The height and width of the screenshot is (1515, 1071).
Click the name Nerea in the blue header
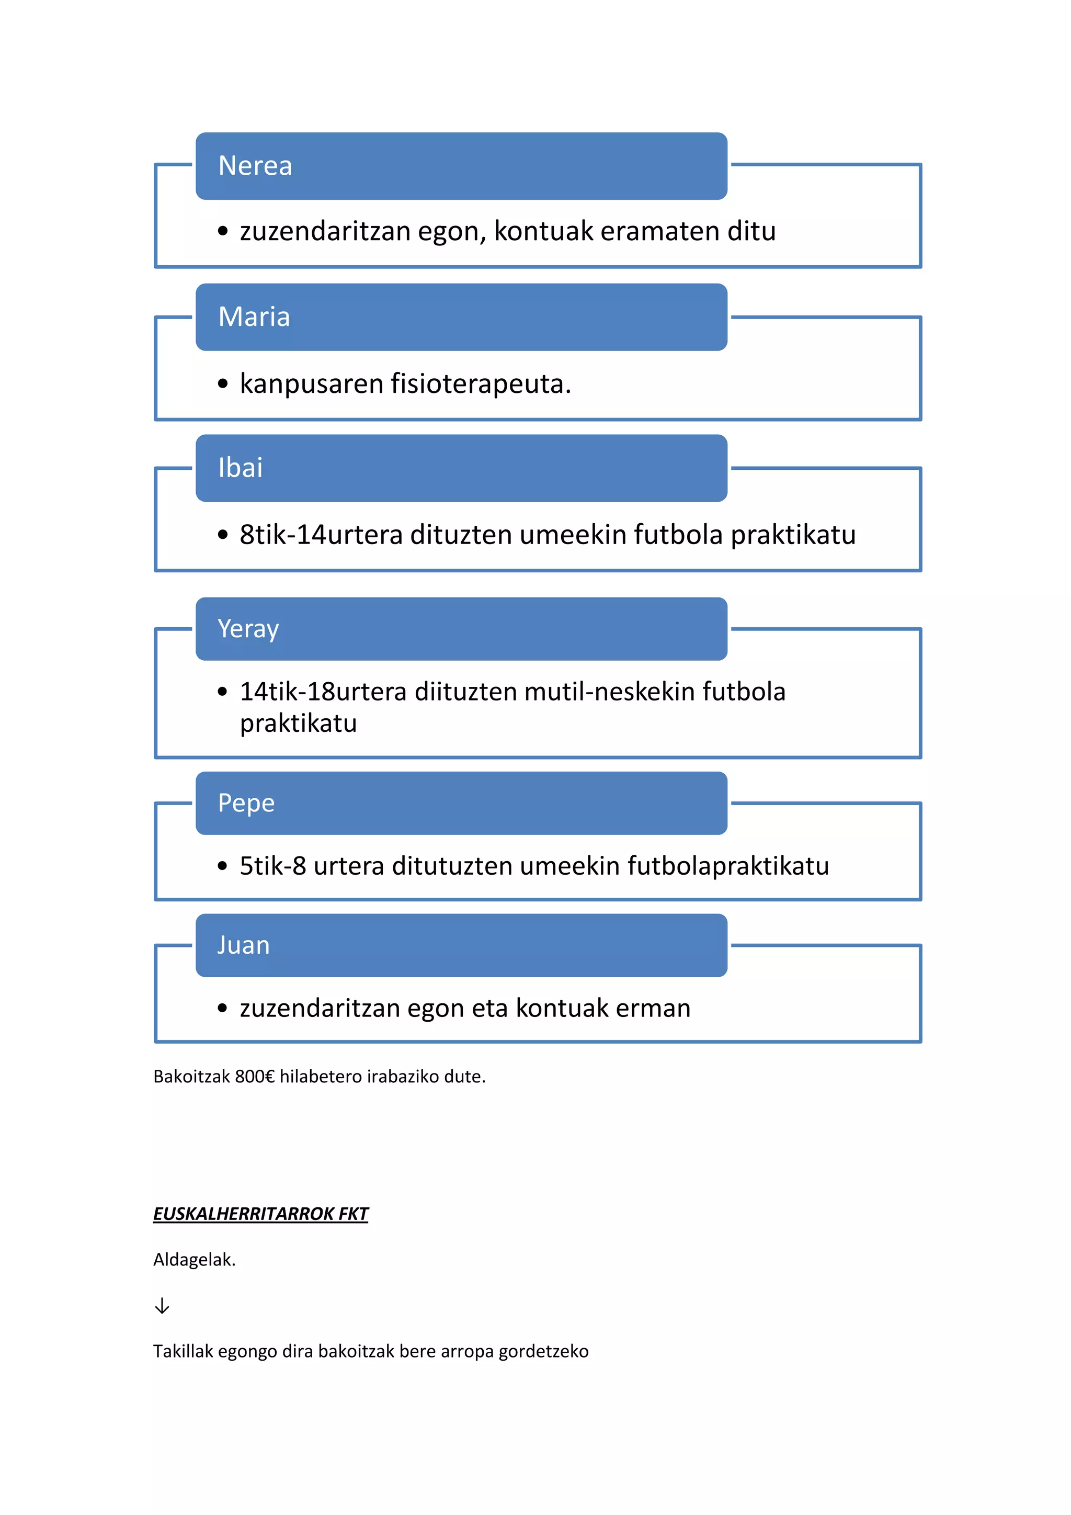[x=255, y=166]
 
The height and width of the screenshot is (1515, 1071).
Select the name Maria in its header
[x=254, y=316]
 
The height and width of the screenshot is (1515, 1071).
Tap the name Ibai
[x=240, y=468]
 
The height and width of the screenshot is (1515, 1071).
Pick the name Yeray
[x=248, y=629]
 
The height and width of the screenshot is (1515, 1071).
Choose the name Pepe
[x=246, y=803]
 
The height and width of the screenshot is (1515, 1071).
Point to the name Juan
[x=243, y=945]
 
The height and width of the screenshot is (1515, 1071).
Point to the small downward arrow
[x=162, y=1306]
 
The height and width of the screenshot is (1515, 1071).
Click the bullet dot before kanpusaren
[x=223, y=383]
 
